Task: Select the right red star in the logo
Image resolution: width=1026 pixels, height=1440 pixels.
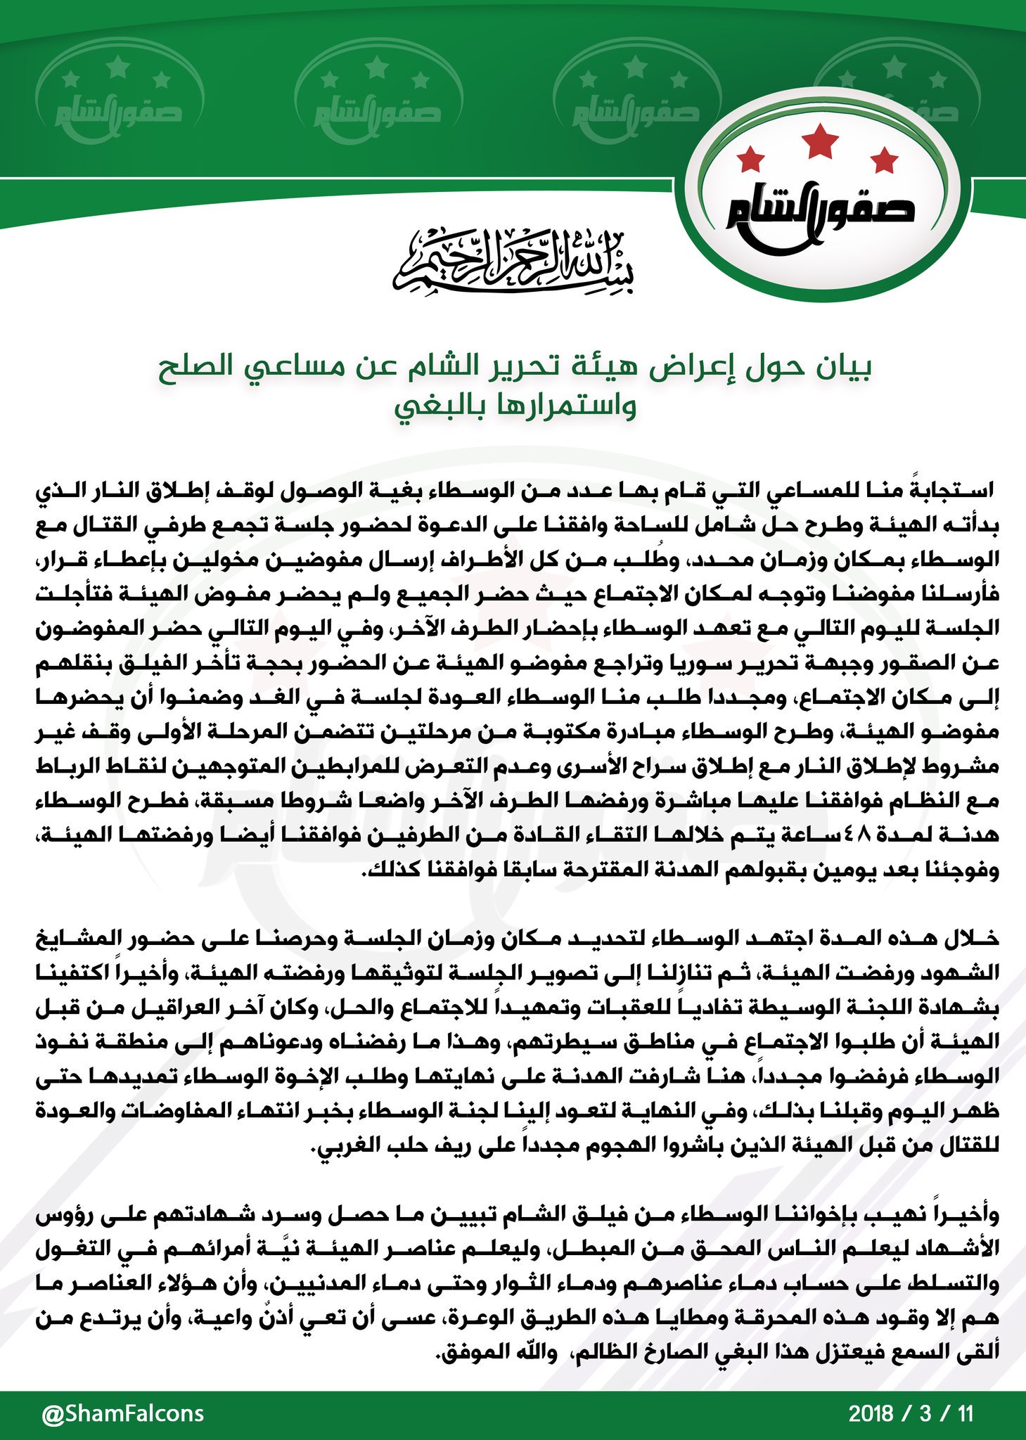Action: (x=885, y=160)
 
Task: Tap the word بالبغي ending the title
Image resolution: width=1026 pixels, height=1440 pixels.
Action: (x=436, y=408)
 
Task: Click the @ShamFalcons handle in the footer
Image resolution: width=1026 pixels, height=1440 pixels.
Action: (x=123, y=1413)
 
